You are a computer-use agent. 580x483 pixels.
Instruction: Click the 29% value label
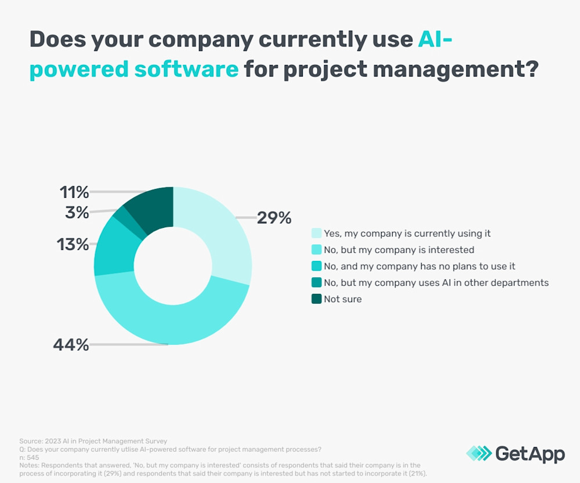point(274,218)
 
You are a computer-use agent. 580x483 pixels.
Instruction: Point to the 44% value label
point(71,345)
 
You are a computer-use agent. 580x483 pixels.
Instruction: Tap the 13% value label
point(72,244)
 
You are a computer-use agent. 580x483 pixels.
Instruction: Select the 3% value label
point(77,213)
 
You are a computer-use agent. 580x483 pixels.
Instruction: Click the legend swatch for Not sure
point(317,299)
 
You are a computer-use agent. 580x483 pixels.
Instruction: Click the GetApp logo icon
point(478,453)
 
